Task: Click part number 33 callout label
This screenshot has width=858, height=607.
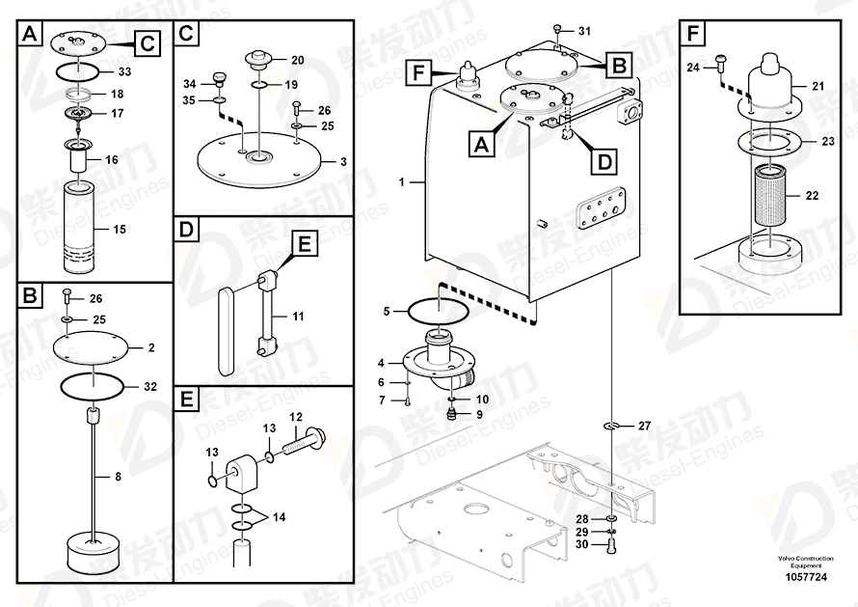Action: tap(124, 71)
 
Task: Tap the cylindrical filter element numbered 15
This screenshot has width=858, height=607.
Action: tap(80, 228)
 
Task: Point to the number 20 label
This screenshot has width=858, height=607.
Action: tap(297, 60)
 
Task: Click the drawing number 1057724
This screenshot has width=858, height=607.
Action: tap(806, 577)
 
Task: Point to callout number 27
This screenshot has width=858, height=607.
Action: tap(645, 426)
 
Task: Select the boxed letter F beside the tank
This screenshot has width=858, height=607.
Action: tap(418, 72)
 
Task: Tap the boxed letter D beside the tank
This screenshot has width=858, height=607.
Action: tap(604, 162)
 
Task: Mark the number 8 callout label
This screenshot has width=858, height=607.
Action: tap(118, 477)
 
